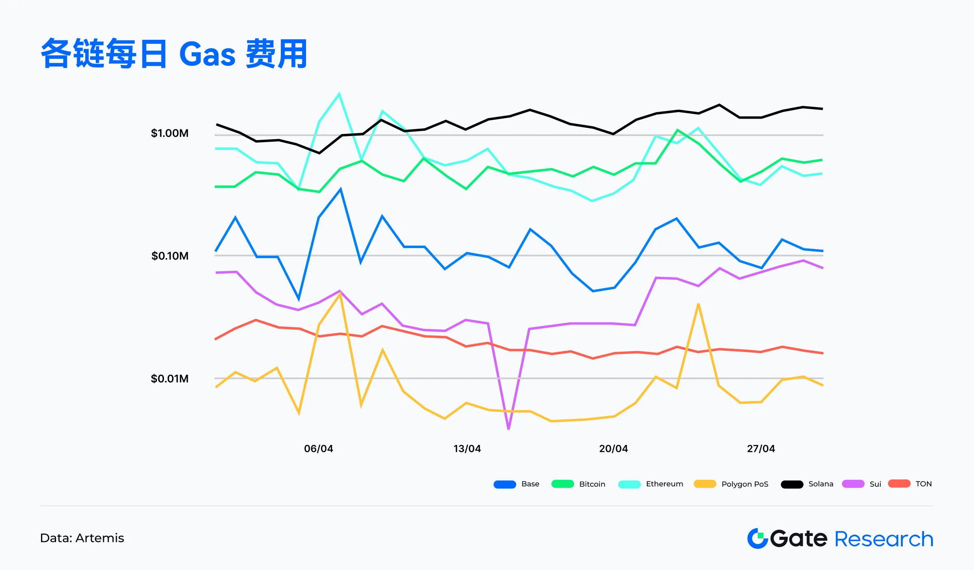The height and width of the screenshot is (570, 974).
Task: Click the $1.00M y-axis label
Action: pyautogui.click(x=170, y=133)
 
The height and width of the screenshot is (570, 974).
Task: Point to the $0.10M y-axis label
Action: pyautogui.click(x=170, y=256)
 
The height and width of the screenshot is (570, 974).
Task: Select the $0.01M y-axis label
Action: pyautogui.click(x=170, y=379)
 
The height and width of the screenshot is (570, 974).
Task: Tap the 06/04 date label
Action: pyautogui.click(x=319, y=449)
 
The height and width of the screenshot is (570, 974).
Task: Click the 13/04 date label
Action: pyautogui.click(x=467, y=449)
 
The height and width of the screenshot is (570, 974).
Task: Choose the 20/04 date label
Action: pyautogui.click(x=614, y=449)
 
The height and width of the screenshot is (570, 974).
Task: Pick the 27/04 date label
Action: pyautogui.click(x=761, y=449)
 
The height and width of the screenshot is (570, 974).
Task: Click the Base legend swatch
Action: pyautogui.click(x=504, y=484)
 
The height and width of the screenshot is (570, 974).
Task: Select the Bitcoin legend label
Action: pyautogui.click(x=592, y=484)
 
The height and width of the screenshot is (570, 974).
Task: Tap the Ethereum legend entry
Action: pyautogui.click(x=664, y=484)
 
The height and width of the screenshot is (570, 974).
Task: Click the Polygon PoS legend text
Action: pyautogui.click(x=745, y=484)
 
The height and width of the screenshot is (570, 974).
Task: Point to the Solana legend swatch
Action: pyautogui.click(x=792, y=484)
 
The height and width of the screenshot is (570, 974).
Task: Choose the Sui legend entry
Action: pyautogui.click(x=875, y=484)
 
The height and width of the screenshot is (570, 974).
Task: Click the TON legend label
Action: pyautogui.click(x=923, y=484)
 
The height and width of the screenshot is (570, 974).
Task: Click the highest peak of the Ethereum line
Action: pyautogui.click(x=339, y=94)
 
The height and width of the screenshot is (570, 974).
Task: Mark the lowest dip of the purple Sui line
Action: pyautogui.click(x=509, y=428)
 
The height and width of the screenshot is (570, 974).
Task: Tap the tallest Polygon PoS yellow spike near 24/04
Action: pyautogui.click(x=698, y=304)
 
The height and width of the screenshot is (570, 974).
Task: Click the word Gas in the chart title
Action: pyautogui.click(x=207, y=54)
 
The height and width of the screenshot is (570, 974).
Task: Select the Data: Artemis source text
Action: pyautogui.click(x=82, y=538)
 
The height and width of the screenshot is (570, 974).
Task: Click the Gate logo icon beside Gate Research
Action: pyautogui.click(x=757, y=538)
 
